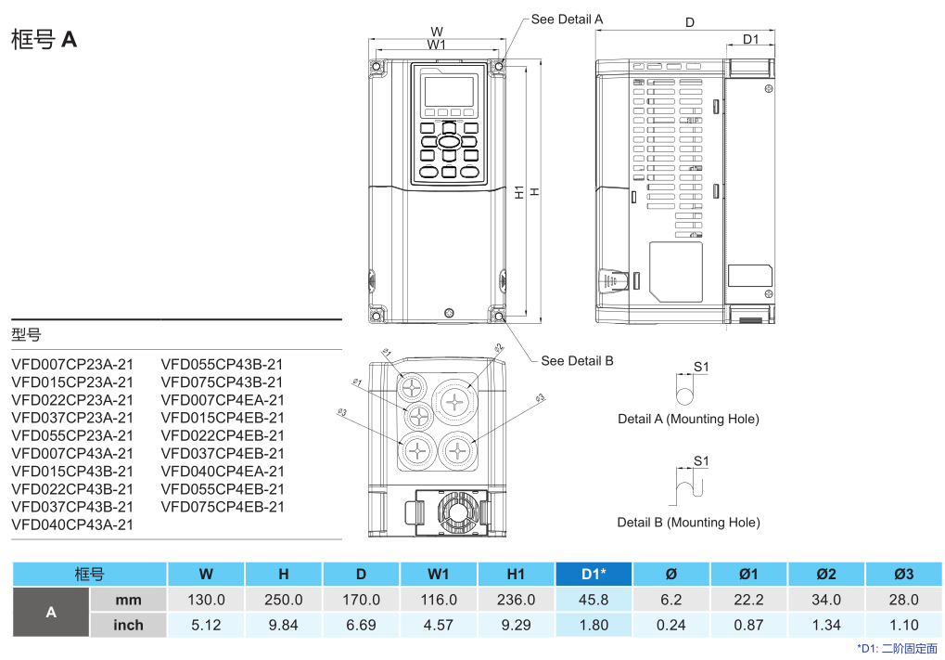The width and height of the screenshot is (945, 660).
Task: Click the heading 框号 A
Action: (x=44, y=39)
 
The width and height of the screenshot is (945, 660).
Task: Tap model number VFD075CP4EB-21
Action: (x=223, y=507)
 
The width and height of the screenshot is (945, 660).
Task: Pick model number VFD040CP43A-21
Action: (x=72, y=524)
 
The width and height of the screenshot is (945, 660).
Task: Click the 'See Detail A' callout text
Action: (x=567, y=19)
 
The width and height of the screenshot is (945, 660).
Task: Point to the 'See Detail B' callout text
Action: (x=577, y=360)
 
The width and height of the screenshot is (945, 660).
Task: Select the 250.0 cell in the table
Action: (x=283, y=600)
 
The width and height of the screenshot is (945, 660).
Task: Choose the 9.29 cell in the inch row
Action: (x=516, y=625)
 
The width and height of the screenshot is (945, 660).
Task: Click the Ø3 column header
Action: (x=903, y=575)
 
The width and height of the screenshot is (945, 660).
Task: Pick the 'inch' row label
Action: (x=128, y=625)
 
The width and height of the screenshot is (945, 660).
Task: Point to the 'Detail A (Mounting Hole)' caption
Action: (x=688, y=419)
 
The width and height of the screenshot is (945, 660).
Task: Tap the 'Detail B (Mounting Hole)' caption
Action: (x=688, y=523)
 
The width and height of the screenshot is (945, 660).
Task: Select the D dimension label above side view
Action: (x=690, y=22)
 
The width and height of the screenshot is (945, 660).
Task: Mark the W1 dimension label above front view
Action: (x=437, y=44)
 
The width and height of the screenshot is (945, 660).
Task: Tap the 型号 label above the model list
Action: (x=26, y=334)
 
